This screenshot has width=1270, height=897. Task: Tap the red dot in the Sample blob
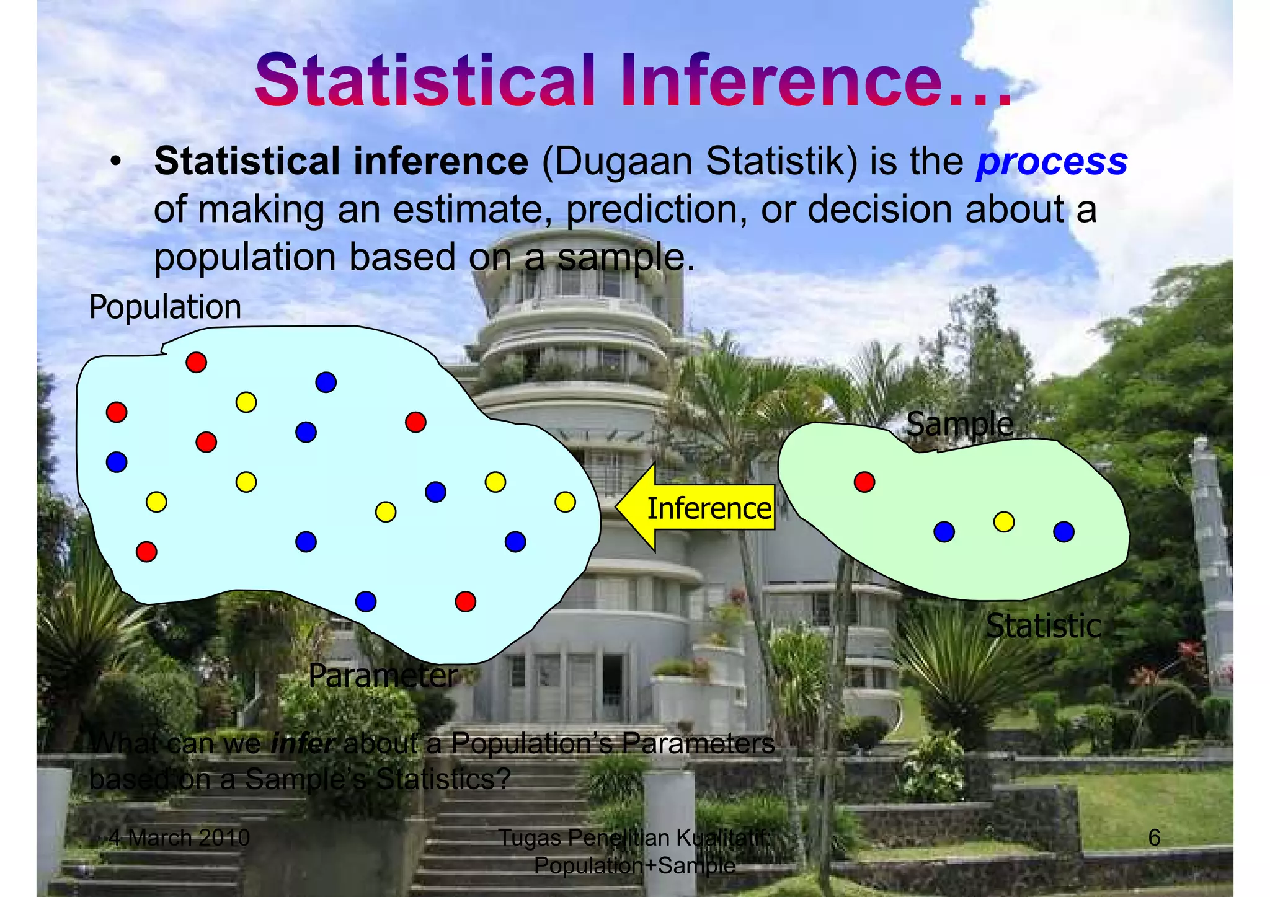pos(864,482)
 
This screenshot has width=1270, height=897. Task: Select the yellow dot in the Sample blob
pos(1003,521)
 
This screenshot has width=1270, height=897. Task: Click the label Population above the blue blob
pos(165,307)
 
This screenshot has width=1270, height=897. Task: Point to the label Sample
pos(959,425)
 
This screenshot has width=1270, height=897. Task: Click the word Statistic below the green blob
pos(1043,626)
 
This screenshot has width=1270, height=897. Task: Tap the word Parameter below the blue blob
pos(383,675)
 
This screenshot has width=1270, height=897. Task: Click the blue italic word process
pos(1051,162)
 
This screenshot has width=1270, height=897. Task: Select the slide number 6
pos(1154,837)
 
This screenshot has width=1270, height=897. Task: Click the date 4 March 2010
pos(179,837)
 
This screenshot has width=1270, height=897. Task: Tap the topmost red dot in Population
pos(196,362)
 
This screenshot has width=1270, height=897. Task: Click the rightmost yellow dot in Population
pos(565,502)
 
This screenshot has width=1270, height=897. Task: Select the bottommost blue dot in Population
pos(366,601)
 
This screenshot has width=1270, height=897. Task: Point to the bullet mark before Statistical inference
pos(114,163)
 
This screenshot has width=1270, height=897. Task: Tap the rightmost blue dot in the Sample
pos(1064,531)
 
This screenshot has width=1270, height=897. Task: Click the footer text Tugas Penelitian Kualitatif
pos(633,837)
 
